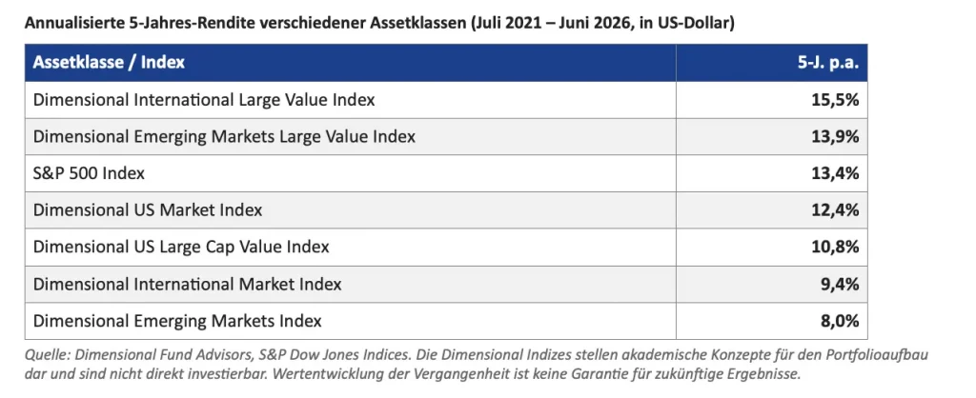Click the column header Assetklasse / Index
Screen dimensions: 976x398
[x=109, y=63]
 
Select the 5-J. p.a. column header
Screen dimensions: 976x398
[x=828, y=63]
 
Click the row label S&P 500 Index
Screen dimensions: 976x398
[x=89, y=173]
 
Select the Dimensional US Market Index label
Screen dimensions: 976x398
[x=148, y=210]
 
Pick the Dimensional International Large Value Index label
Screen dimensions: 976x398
[x=204, y=99]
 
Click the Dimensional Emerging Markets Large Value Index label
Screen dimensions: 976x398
[x=224, y=136]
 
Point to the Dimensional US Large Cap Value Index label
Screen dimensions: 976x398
[x=181, y=247]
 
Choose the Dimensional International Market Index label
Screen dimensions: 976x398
[x=188, y=284]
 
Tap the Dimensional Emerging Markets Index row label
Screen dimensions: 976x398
[x=177, y=321]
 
